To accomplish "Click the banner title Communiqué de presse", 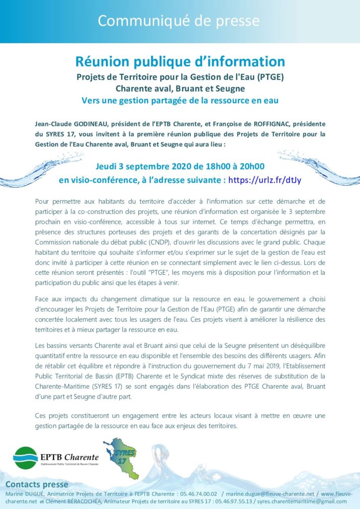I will tap(179, 21).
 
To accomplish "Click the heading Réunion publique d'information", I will tap(180, 62).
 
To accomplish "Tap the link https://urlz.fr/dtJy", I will tap(265, 179).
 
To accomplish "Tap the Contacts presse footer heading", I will tap(37, 485).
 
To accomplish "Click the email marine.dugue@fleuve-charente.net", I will tap(274, 494).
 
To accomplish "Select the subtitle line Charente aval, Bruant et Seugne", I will tap(180, 89).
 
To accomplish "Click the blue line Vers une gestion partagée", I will tap(180, 100).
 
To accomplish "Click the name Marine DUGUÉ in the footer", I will tap(23, 494).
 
